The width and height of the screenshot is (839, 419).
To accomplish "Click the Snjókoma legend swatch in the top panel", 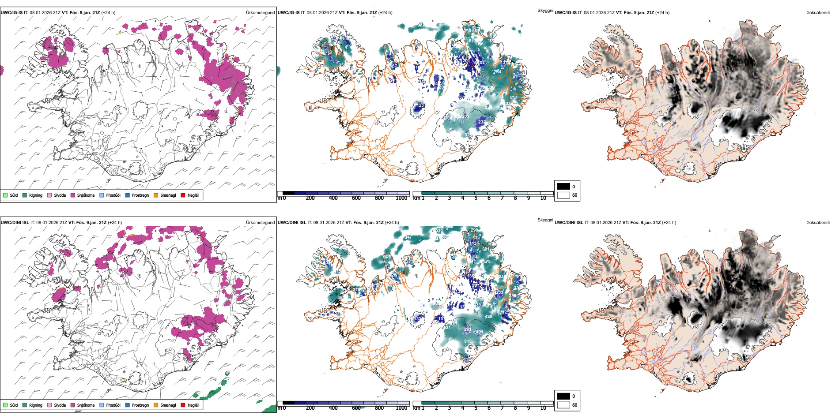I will coord(73,195).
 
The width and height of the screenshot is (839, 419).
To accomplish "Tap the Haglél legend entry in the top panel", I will coord(183,195).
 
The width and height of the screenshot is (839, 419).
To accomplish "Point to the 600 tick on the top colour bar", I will coord(356,198).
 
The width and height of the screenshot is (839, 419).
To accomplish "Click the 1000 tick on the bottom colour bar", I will coord(401,408).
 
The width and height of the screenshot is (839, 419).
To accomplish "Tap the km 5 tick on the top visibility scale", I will coord(476,198).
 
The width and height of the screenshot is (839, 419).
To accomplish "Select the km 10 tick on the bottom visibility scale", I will coord(543,408).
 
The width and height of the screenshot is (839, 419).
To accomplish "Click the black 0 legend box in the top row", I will coord(563,187).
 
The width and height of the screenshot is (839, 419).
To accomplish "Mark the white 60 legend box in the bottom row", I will coord(563,405).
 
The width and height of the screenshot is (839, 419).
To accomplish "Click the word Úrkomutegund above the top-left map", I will coord(260,13).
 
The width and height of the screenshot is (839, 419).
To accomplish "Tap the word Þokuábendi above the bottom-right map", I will coord(818,223).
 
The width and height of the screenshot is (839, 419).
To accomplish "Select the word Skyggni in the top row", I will coord(545,10).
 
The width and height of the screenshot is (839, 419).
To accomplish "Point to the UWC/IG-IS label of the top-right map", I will coord(566,13).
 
